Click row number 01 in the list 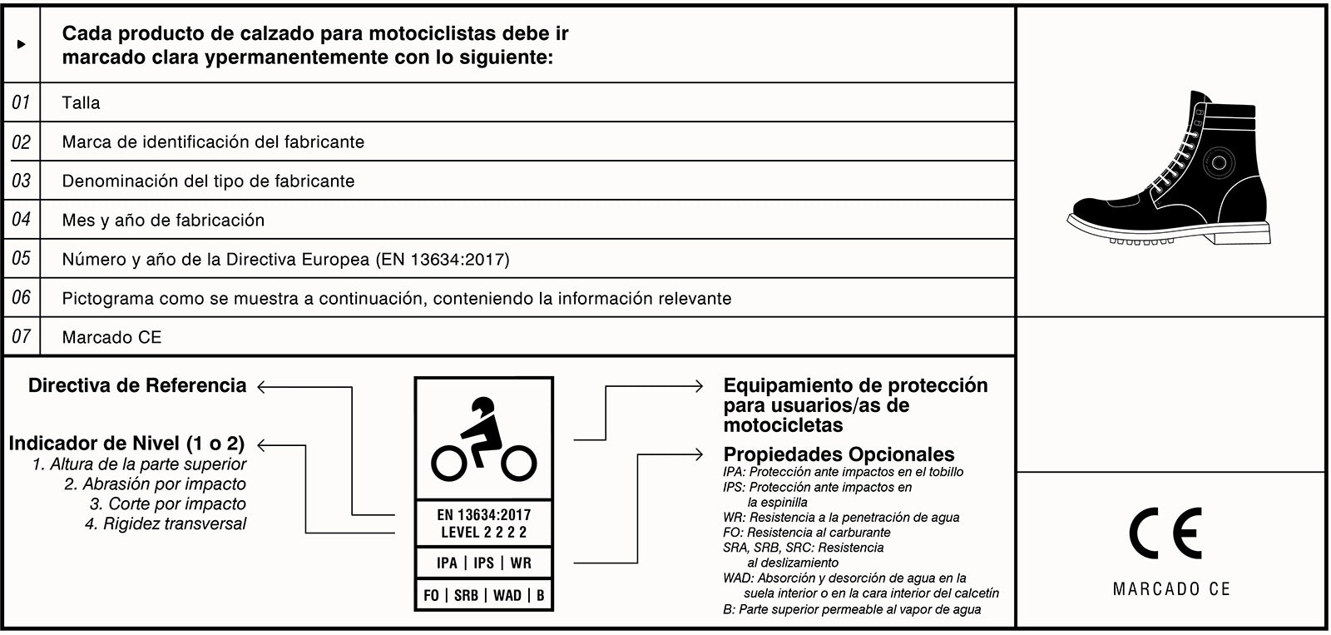coord(21,102)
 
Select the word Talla coord(81,103)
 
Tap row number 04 coord(21,220)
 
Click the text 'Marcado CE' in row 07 coord(111,337)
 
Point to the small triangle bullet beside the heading coord(22,44)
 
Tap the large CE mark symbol coord(1165,533)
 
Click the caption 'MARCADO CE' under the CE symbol coord(1170,589)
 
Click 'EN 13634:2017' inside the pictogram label coord(483,515)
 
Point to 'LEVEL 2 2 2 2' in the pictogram coord(483,533)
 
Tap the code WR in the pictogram coord(521,563)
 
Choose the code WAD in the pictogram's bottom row coord(507,595)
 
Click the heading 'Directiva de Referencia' coord(137,385)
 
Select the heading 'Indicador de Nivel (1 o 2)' coord(126,444)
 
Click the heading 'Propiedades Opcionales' coord(839,454)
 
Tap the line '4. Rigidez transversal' coord(166,523)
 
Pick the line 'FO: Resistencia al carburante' coord(806,533)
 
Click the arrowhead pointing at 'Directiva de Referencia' coord(262,387)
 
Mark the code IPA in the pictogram coord(447,563)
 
